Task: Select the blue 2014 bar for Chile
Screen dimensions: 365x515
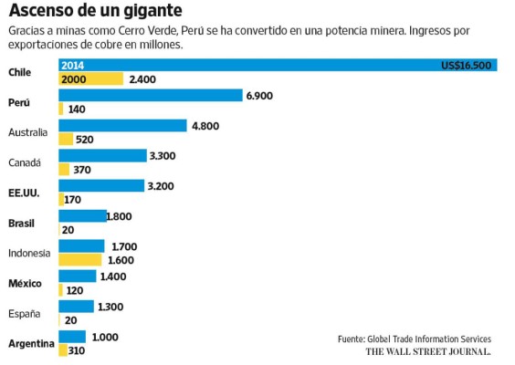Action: click(274, 65)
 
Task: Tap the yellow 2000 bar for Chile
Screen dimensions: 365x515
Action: click(89, 79)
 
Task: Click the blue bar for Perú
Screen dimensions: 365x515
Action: click(150, 95)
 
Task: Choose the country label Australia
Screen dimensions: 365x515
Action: click(27, 132)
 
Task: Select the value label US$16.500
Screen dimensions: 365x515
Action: click(467, 65)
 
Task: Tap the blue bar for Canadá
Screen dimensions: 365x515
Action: click(102, 155)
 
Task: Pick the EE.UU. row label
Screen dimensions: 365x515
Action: click(24, 193)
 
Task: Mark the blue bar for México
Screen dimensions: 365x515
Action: click(77, 276)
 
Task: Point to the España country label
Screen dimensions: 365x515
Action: click(24, 313)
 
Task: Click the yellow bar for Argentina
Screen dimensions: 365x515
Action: click(62, 349)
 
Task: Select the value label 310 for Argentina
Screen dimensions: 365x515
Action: click(76, 349)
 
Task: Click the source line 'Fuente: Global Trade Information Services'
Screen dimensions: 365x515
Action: click(414, 339)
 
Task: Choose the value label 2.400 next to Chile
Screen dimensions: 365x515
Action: click(143, 79)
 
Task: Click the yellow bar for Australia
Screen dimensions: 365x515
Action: click(66, 140)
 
